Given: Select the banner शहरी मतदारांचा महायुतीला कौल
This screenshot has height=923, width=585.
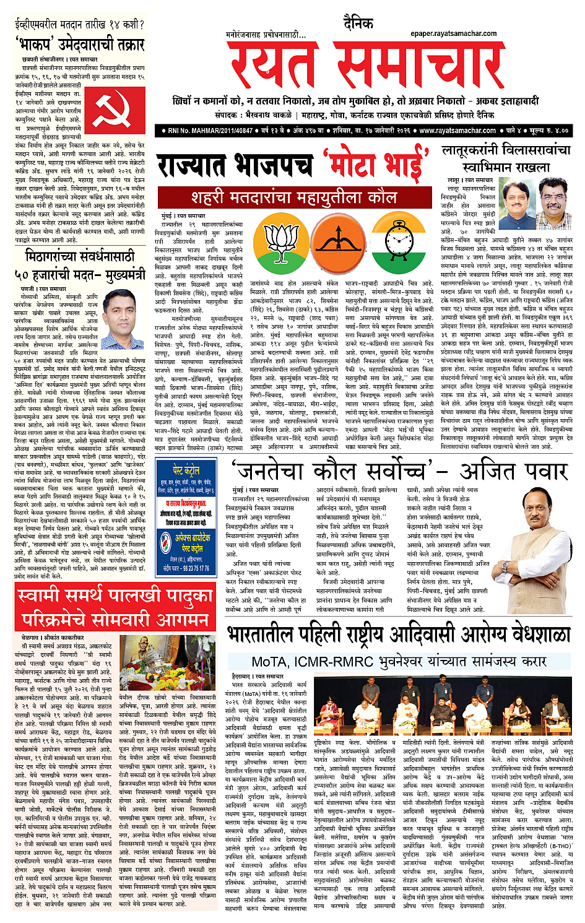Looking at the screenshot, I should pyautogui.click(x=294, y=197).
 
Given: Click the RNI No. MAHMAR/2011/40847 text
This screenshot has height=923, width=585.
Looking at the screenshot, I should pyautogui.click(x=207, y=131).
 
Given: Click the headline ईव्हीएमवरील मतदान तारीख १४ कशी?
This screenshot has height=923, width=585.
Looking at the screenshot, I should pyautogui.click(x=79, y=25).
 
